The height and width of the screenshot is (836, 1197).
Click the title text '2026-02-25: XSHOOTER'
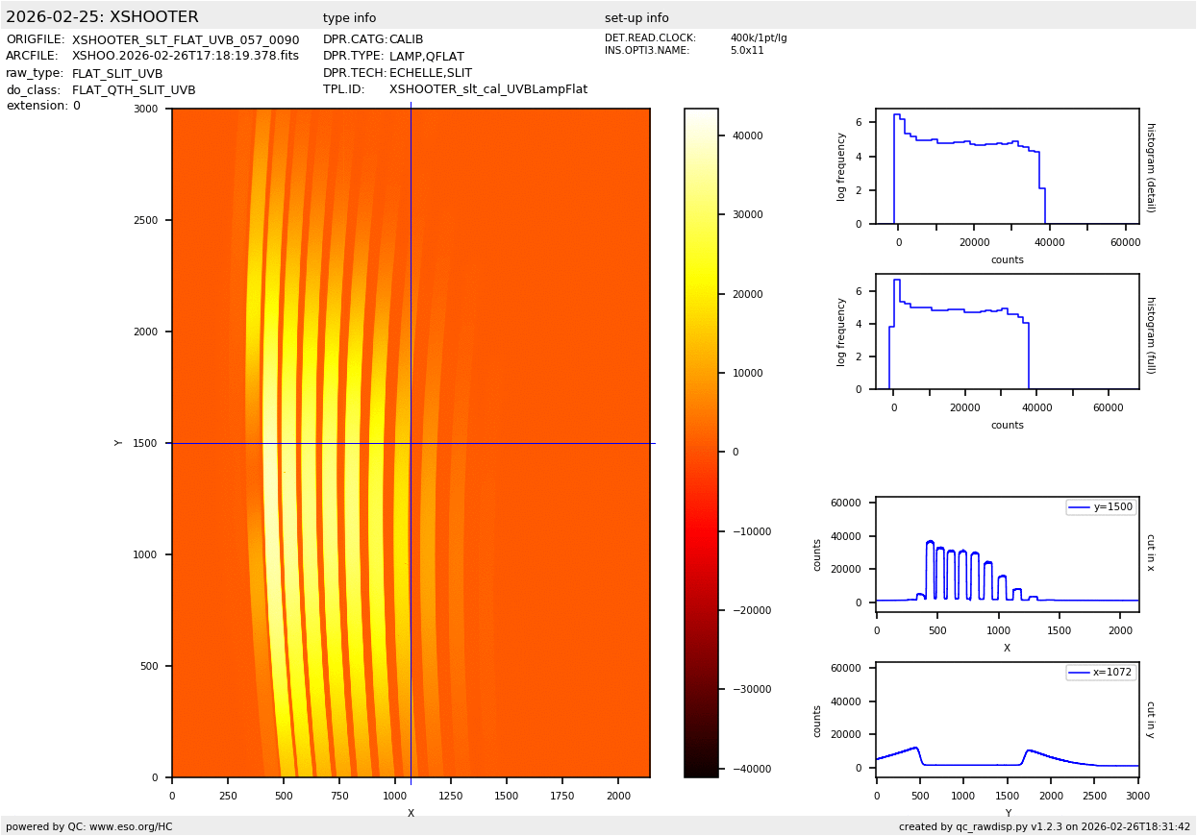[x=102, y=17]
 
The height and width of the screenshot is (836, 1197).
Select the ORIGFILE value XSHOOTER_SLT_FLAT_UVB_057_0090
[x=186, y=40]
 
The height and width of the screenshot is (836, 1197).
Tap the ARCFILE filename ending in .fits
[x=186, y=56]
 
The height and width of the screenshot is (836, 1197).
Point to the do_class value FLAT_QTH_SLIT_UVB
[x=134, y=90]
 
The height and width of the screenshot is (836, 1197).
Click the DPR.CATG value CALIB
[x=406, y=40]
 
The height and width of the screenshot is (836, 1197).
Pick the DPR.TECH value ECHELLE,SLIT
[x=431, y=73]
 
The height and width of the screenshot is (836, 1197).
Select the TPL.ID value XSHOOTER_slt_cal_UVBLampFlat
[x=488, y=89]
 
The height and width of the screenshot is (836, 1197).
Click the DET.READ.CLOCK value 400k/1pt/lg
[x=759, y=38]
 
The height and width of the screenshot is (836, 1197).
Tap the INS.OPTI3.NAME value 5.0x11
[x=747, y=50]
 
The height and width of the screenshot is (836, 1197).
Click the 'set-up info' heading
[x=636, y=18]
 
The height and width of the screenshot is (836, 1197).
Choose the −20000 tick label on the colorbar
[x=745, y=610]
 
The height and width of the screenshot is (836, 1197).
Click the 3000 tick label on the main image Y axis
[x=146, y=109]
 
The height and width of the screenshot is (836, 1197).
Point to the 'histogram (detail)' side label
[x=1151, y=167]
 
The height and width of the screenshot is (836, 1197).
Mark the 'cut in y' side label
[x=1150, y=720]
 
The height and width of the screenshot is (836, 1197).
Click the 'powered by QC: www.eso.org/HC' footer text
[x=89, y=826]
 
